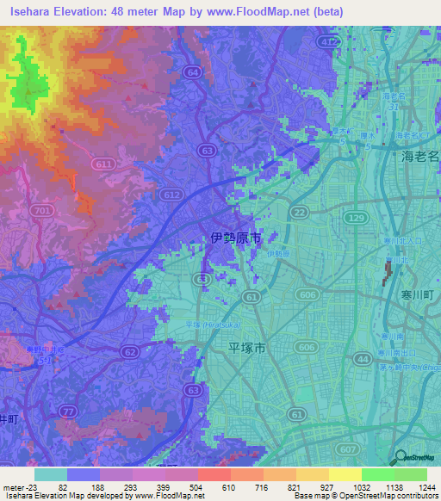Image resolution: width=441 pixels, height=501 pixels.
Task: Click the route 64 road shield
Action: click(192, 71)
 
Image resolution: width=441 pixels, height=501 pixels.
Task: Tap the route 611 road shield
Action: click(104, 164)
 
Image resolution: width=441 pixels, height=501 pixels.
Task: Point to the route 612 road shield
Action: click(172, 195)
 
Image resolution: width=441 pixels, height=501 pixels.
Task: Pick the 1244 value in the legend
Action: click(414, 486)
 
